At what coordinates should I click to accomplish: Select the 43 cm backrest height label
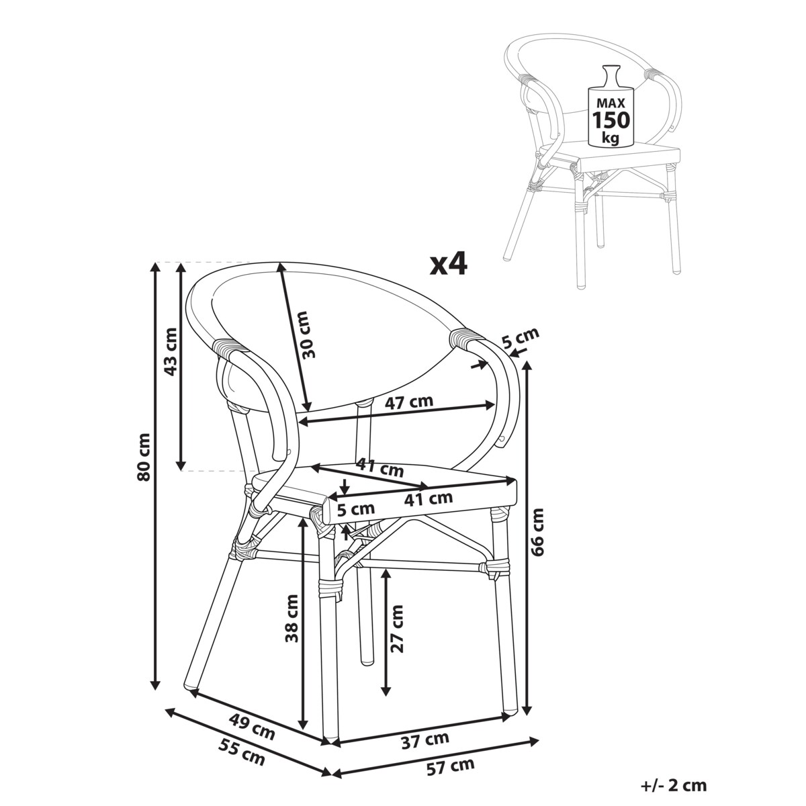(x=171, y=351)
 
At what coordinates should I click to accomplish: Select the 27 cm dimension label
(x=398, y=628)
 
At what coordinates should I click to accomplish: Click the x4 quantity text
(x=448, y=265)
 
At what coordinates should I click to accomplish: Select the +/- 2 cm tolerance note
(x=674, y=785)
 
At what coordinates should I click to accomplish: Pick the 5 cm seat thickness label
(x=355, y=508)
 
